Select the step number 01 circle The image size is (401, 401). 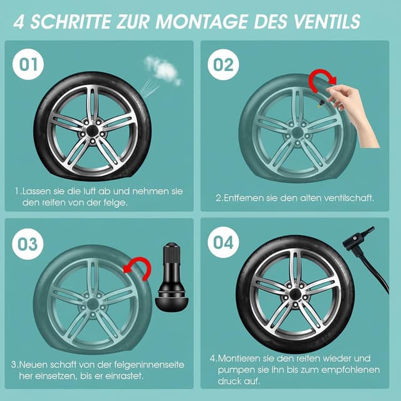click(28, 64)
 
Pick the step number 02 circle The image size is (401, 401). click(223, 65)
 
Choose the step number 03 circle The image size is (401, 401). click(28, 244)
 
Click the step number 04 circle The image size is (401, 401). click(223, 242)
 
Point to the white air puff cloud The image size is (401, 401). click(163, 70)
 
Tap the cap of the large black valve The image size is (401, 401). click(172, 253)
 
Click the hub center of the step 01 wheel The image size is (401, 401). click(92, 131)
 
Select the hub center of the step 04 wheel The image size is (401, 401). click(294, 294)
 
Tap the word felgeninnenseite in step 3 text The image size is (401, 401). click(149, 365)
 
